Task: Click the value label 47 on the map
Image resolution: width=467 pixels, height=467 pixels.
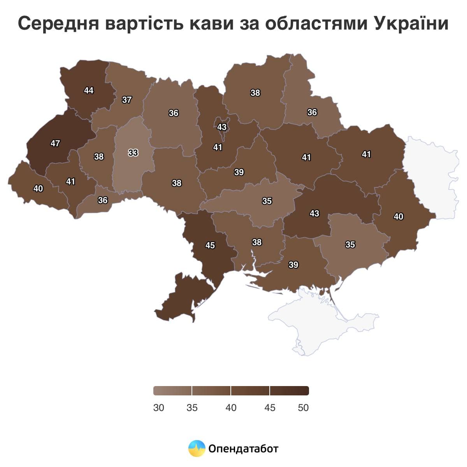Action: tap(55, 143)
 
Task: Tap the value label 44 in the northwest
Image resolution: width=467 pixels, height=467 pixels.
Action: tap(89, 90)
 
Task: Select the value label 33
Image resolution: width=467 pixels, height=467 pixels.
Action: tap(133, 153)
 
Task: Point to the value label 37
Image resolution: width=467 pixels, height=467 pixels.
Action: tap(127, 100)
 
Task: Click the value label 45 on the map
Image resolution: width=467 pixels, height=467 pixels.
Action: tap(210, 245)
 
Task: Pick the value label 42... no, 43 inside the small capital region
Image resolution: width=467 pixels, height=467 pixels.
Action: tap(222, 127)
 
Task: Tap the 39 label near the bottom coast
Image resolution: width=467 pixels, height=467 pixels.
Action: tap(293, 265)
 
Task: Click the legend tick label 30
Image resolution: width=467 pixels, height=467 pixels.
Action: tap(158, 407)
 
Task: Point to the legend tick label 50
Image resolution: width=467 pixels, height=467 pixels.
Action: tap(303, 407)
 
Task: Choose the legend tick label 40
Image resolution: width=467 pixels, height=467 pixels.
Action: tap(231, 407)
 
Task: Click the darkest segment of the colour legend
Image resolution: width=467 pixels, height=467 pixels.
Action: tap(289, 390)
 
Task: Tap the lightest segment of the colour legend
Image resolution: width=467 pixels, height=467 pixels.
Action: tap(172, 390)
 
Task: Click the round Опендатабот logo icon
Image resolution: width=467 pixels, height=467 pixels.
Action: tap(197, 448)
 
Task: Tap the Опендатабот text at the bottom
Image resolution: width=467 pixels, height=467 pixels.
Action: tap(244, 449)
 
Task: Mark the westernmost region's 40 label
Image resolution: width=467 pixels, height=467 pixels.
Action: tap(38, 188)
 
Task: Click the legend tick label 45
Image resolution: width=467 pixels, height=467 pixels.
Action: tap(270, 407)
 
